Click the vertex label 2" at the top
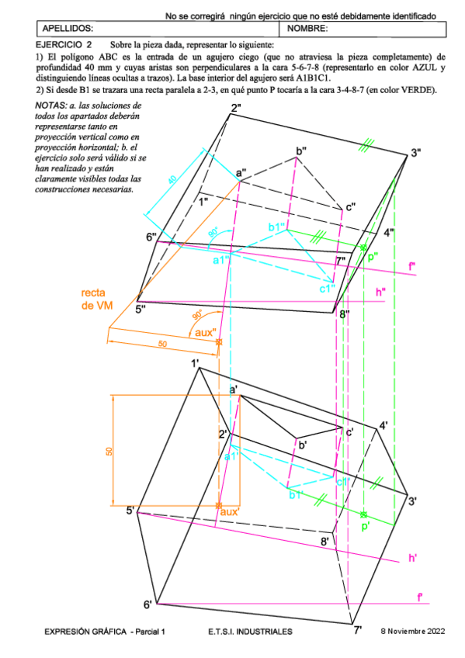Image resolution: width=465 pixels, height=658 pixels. (x=235, y=108)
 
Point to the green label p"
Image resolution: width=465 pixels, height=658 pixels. (x=373, y=256)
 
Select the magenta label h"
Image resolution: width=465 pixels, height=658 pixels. (x=380, y=292)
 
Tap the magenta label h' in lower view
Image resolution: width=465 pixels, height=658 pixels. (x=414, y=558)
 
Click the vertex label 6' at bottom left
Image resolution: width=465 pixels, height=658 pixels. (x=147, y=604)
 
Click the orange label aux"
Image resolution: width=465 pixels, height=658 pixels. (x=204, y=333)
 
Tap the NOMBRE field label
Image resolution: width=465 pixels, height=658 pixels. (x=307, y=29)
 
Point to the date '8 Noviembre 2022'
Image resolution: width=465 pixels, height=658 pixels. (x=414, y=632)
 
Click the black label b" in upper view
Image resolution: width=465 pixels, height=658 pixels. (x=301, y=151)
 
